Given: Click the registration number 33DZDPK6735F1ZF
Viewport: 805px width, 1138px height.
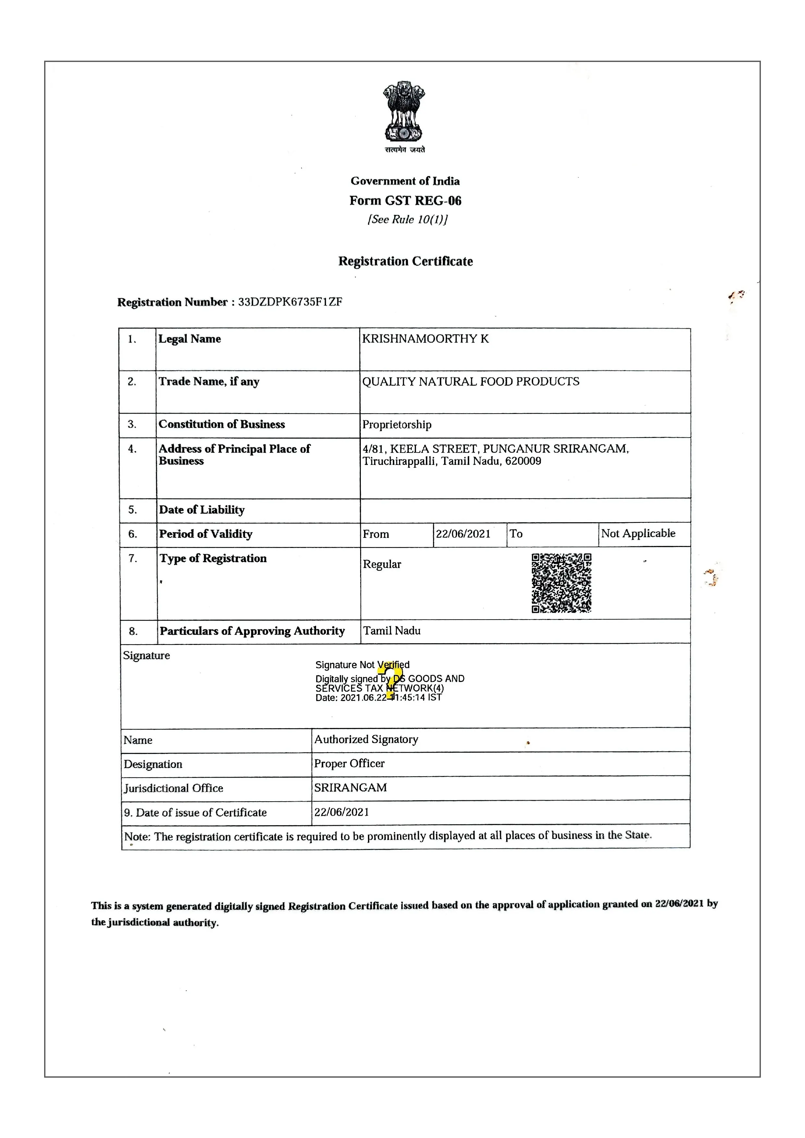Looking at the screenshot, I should pyautogui.click(x=290, y=302).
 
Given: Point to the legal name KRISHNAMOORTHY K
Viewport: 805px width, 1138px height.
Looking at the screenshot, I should pyautogui.click(x=425, y=339).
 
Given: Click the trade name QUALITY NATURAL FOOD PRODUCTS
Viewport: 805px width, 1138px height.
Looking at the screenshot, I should pyautogui.click(x=470, y=381).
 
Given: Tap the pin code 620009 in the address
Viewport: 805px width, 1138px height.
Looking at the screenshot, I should pyautogui.click(x=523, y=461).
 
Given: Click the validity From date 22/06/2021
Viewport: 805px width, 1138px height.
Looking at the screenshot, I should pyautogui.click(x=463, y=534).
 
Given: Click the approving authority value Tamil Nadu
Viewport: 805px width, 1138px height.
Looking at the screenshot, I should pyautogui.click(x=392, y=631).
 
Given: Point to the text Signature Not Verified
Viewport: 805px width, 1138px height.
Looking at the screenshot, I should pyautogui.click(x=362, y=665).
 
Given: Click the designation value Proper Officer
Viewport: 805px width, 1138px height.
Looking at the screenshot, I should pyautogui.click(x=349, y=763).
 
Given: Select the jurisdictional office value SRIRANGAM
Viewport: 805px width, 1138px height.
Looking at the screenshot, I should pyautogui.click(x=350, y=788).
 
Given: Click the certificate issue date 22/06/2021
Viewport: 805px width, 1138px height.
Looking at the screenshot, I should pyautogui.click(x=342, y=812).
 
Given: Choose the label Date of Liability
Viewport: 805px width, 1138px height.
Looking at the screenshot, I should pyautogui.click(x=202, y=510).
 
